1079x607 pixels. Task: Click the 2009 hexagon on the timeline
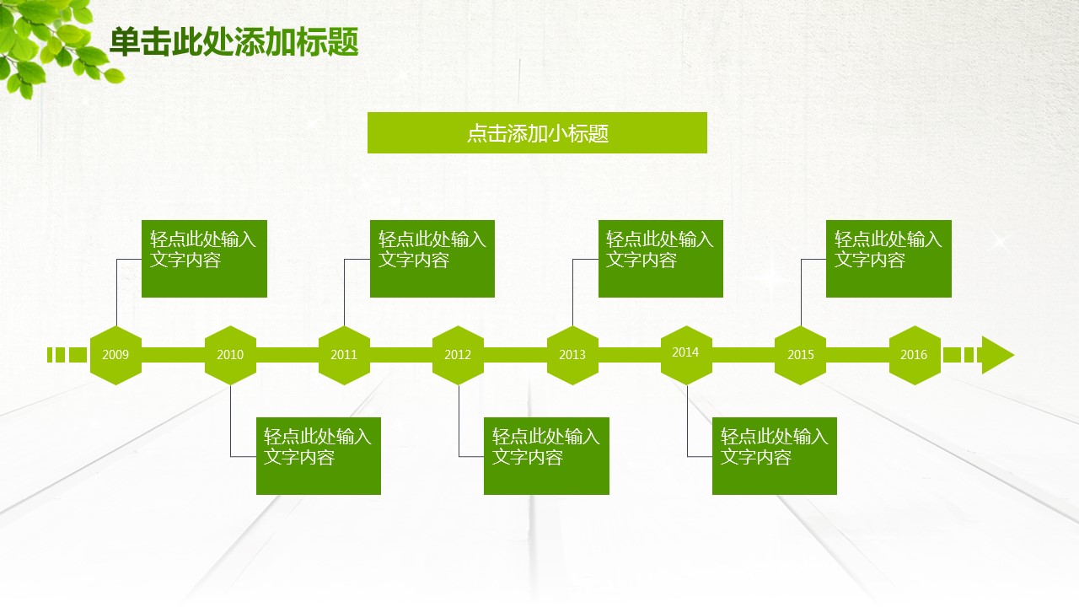tap(115, 355)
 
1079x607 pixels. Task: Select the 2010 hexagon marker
tap(230, 355)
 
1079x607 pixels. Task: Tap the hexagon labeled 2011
tap(344, 355)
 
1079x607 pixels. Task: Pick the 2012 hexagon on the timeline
tap(458, 355)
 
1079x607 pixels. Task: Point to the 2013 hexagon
tap(572, 355)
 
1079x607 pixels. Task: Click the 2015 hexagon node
tap(800, 355)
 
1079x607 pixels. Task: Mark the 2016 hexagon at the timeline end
tap(915, 355)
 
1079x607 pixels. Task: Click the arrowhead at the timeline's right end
tap(997, 355)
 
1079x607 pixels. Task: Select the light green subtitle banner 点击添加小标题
tap(537, 133)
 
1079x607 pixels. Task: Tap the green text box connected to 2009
tap(204, 259)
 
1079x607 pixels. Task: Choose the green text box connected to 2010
tap(319, 456)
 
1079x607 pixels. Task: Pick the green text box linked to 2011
tap(432, 259)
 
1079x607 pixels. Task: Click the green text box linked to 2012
tap(546, 456)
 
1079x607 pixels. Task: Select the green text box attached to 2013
tap(661, 259)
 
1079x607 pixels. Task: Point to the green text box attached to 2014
tap(775, 456)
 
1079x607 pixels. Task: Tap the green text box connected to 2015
tap(888, 259)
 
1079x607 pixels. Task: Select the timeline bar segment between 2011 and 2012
tap(401, 355)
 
